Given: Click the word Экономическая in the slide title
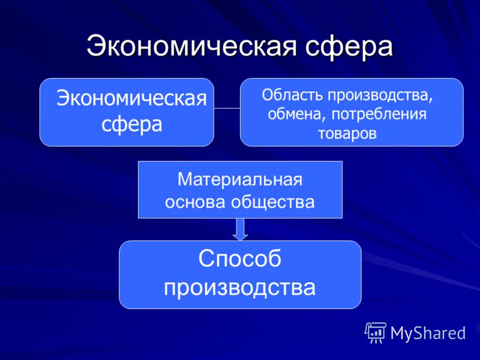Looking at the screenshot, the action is point(191,46).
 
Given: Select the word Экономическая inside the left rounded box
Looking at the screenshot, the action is point(131,98).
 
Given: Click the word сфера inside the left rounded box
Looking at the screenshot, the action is point(131,125).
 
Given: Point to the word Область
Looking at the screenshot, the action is point(292,95).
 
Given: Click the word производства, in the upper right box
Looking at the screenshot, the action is point(380,96).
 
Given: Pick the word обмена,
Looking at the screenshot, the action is point(296,115).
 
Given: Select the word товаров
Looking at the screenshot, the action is point(347,133).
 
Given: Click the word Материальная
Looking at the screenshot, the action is point(240,179).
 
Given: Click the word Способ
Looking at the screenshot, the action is point(239,259).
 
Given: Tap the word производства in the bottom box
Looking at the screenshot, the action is point(239,288).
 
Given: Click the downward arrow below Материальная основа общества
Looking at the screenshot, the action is point(241,229).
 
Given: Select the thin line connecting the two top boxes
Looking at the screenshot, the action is point(227,108).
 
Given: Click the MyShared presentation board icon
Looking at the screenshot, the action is point(376,333).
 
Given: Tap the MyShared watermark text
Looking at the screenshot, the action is point(428,333).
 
